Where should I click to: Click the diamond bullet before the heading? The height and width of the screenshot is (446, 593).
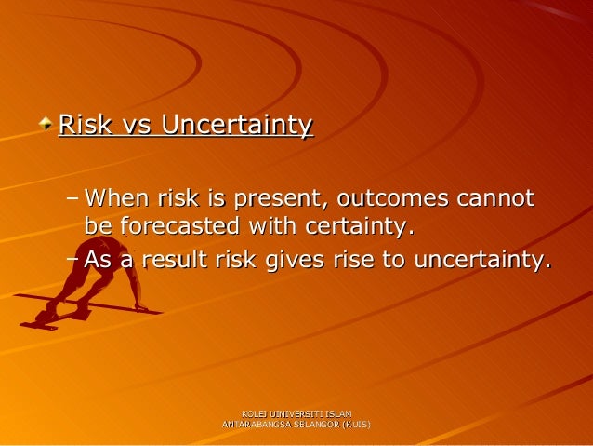coord(46,123)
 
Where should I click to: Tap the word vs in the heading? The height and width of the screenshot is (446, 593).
coord(138,124)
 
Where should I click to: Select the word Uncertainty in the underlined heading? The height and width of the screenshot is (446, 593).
coord(237,124)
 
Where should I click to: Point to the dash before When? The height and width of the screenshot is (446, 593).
coord(72,198)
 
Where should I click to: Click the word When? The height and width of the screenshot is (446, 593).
coord(116,198)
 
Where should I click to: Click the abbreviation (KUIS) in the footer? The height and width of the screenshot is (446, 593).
coord(356,425)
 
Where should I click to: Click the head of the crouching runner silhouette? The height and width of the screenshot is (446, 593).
coord(141,306)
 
